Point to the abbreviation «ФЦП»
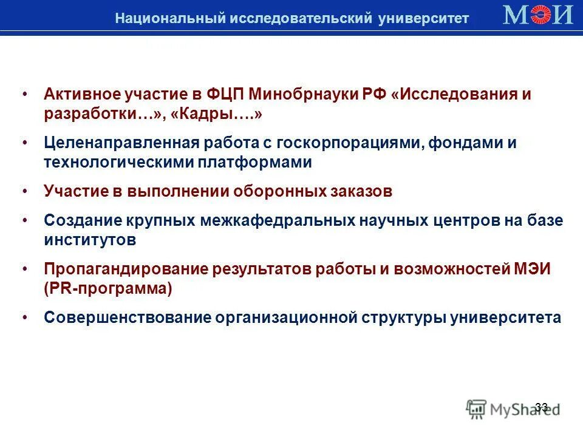click(227, 95)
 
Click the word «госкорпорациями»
click(351, 144)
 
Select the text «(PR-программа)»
click(108, 288)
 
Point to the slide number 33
click(542, 407)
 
